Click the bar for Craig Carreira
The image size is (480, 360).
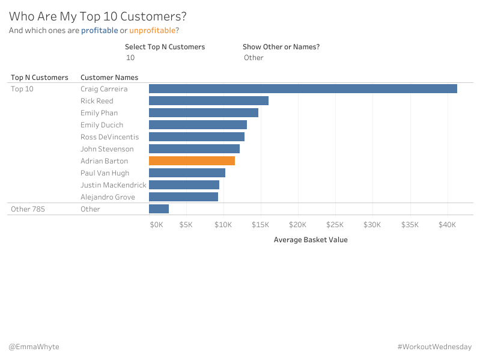(x=303, y=89)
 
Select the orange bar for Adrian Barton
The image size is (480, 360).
(x=192, y=161)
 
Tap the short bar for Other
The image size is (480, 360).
(x=159, y=209)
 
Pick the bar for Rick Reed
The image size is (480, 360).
(x=208, y=101)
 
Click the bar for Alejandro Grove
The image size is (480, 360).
(x=183, y=197)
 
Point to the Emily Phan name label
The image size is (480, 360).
(x=99, y=113)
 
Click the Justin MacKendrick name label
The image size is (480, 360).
(x=114, y=185)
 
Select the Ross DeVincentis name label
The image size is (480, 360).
(x=109, y=137)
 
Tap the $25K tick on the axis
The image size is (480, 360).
(x=335, y=225)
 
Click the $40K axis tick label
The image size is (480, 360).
(x=448, y=225)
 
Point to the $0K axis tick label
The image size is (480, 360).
(x=156, y=225)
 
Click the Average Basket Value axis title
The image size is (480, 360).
(x=311, y=240)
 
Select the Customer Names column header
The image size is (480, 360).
(x=109, y=78)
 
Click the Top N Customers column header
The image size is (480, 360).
(x=40, y=78)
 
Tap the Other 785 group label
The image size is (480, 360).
(x=28, y=209)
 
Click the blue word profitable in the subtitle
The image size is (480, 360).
(x=99, y=31)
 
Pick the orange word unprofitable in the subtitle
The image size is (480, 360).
(x=152, y=31)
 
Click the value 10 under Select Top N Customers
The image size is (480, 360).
(x=130, y=58)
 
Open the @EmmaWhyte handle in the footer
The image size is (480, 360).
(x=34, y=347)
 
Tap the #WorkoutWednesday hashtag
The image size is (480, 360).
(x=434, y=347)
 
